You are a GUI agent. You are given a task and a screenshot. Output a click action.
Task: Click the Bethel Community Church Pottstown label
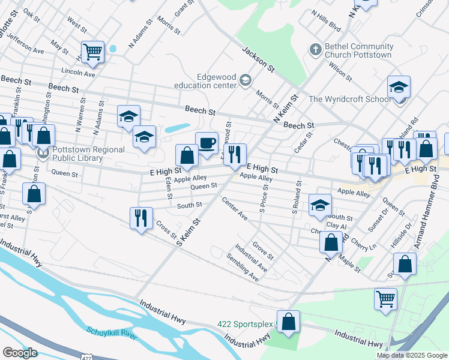click(x=358, y=50)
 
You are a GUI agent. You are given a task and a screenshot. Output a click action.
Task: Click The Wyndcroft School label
click(x=349, y=99)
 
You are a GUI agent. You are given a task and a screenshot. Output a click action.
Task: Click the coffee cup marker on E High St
click(x=206, y=144)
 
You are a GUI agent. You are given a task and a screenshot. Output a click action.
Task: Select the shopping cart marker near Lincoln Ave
click(x=93, y=52)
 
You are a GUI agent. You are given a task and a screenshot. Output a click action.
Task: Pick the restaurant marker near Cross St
click(x=141, y=219)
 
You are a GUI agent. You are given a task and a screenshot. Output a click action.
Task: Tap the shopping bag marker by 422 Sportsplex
click(x=288, y=322)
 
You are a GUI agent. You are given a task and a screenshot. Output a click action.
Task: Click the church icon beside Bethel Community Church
click(x=315, y=50)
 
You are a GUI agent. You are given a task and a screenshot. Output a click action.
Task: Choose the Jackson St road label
click(x=258, y=61)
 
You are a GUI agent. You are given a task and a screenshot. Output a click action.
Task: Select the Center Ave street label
click(x=234, y=208)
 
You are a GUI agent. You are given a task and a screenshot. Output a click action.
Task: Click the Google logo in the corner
click(x=20, y=353)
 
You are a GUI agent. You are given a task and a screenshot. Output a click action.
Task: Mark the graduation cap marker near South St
click(x=320, y=205)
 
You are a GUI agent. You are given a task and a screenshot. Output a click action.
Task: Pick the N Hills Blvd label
click(x=327, y=22)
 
